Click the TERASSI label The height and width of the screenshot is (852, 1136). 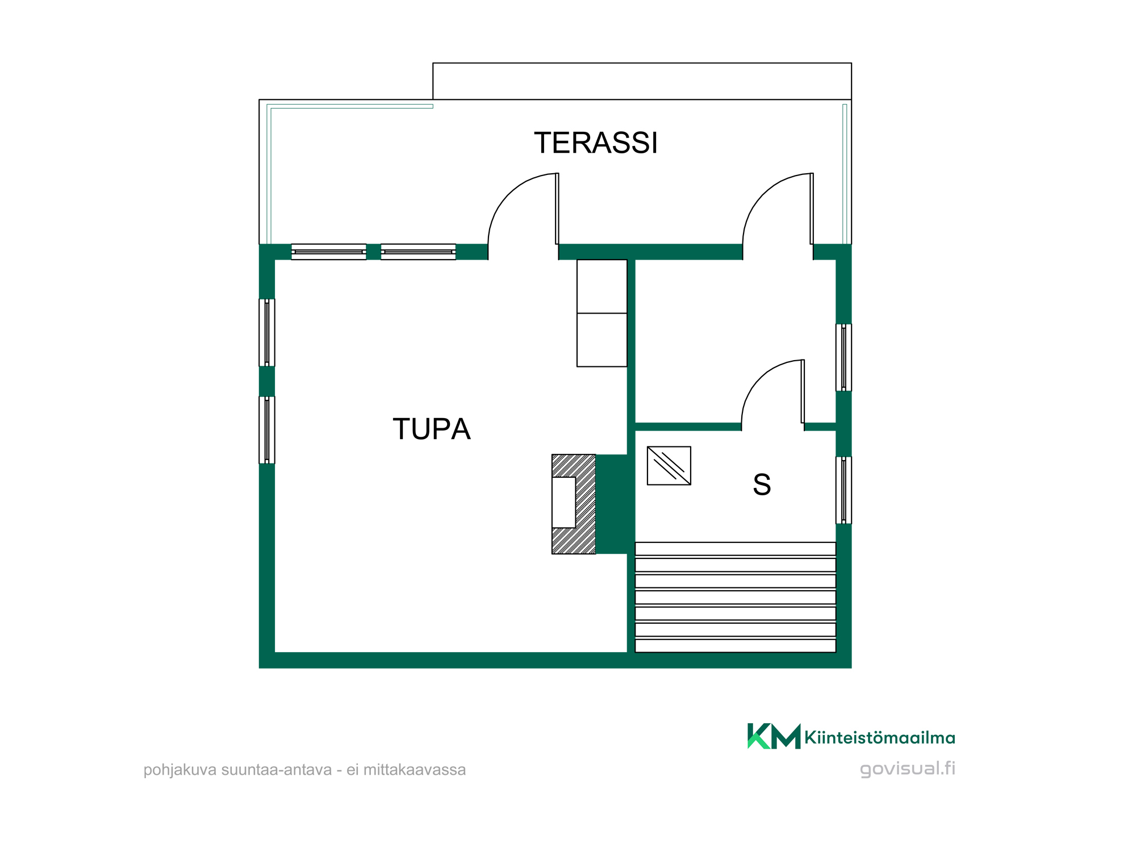click(596, 143)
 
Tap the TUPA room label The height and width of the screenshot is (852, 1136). click(432, 429)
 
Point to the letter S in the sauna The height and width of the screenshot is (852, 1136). click(762, 485)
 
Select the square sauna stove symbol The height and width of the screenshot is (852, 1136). click(669, 466)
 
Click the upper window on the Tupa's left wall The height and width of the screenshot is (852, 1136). click(267, 333)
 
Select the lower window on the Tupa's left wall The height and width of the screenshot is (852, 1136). click(267, 430)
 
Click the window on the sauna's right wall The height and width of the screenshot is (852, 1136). click(843, 490)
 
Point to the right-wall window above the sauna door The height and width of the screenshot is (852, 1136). click(843, 357)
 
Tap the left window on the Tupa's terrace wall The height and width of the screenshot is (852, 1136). click(329, 252)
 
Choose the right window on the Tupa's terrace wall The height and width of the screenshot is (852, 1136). click(418, 252)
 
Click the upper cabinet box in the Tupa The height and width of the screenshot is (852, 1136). click(602, 286)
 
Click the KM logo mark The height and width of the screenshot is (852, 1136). click(774, 736)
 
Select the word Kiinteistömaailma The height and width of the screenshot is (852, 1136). click(880, 738)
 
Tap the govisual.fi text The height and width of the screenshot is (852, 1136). click(908, 769)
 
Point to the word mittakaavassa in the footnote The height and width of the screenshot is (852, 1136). click(415, 770)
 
